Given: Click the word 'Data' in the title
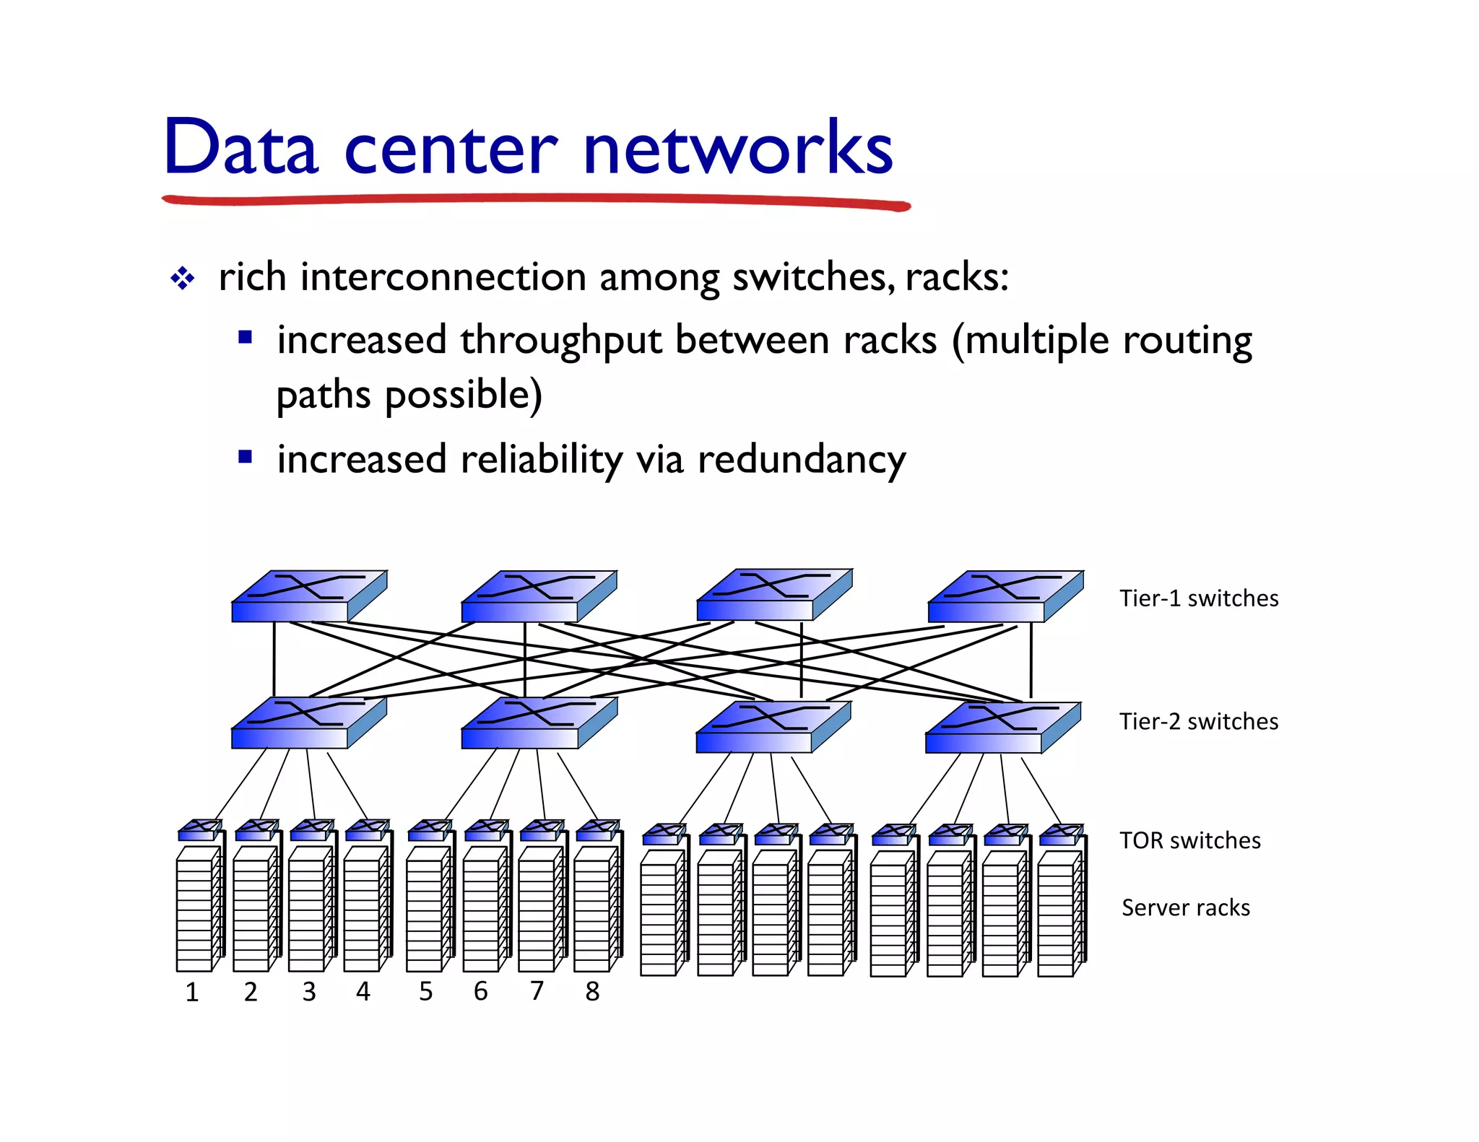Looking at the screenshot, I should (241, 148).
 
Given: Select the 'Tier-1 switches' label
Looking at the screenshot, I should (1198, 598).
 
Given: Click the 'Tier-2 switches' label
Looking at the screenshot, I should (1198, 721).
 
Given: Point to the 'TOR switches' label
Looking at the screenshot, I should (1189, 840).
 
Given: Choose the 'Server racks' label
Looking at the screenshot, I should (1185, 907).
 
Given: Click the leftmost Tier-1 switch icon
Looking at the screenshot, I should (308, 596).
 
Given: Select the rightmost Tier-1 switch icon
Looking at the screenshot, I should (1005, 596).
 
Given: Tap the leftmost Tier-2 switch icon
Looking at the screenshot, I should (308, 723).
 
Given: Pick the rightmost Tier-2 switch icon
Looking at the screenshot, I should (1002, 727).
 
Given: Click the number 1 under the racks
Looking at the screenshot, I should (192, 992).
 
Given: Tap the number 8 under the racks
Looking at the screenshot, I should (592, 991).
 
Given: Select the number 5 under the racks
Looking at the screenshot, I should (426, 991).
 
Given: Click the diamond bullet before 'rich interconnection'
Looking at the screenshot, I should (182, 279).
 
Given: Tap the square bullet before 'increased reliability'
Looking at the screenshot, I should (245, 457).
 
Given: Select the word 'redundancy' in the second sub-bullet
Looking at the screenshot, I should (801, 460).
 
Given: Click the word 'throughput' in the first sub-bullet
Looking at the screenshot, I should (560, 340).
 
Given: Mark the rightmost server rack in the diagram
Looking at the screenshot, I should (1059, 913).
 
